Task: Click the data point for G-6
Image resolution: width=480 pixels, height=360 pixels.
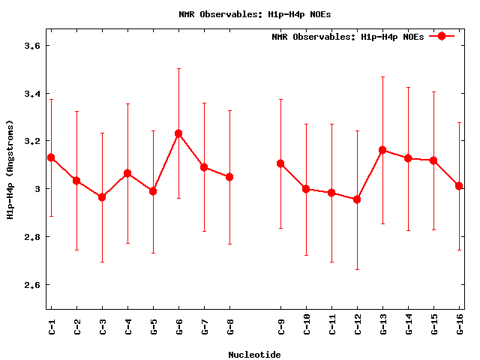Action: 178,133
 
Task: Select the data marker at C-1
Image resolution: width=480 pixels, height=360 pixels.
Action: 51,157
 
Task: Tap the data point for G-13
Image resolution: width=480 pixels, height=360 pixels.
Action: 382,150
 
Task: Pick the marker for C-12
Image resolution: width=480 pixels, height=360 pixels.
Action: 357,199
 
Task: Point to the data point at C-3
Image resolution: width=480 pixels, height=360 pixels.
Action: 102,197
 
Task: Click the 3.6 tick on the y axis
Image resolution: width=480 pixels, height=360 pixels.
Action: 32,46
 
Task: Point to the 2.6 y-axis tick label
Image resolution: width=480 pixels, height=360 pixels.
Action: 32,285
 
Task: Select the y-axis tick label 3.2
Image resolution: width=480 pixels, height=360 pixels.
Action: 32,141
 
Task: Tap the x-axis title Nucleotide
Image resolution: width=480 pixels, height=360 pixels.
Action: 255,354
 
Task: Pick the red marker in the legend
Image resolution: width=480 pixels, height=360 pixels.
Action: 442,37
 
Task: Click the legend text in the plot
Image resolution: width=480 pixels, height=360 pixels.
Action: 347,37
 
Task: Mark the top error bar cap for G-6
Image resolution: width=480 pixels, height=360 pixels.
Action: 178,68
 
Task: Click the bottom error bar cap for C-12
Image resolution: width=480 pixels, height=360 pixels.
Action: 357,269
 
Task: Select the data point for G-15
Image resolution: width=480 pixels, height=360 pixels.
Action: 433,160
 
